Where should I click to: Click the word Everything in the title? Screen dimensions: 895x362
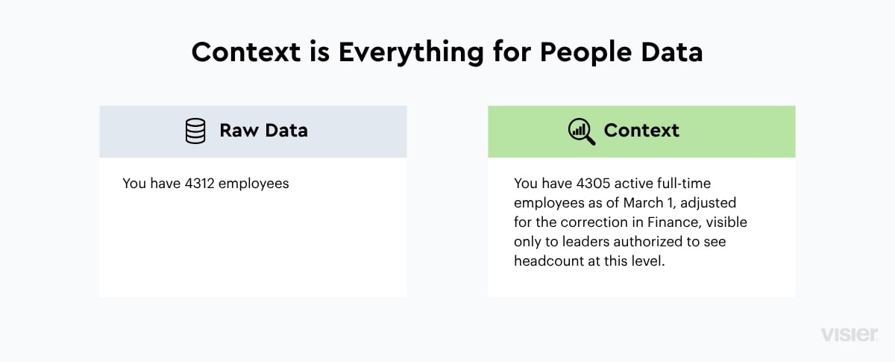click(x=411, y=53)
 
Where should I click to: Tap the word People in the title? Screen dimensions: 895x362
click(x=585, y=53)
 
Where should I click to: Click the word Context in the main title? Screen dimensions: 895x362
click(x=245, y=52)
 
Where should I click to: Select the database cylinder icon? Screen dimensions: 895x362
click(x=195, y=131)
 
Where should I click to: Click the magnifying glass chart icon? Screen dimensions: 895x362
click(x=581, y=131)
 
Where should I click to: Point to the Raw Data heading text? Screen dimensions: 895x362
click(x=264, y=131)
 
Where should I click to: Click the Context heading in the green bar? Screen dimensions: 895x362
click(x=641, y=131)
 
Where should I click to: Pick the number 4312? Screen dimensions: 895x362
click(x=199, y=183)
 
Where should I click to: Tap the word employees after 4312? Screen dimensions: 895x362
click(x=254, y=184)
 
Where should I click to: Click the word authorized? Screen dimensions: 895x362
click(x=647, y=241)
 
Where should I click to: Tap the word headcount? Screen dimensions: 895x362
click(x=549, y=260)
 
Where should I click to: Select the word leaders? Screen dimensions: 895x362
click(x=585, y=241)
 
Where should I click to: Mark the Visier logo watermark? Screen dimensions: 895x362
click(x=849, y=334)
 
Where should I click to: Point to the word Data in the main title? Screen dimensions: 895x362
click(x=672, y=52)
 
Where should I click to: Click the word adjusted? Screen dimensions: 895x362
click(x=708, y=203)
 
